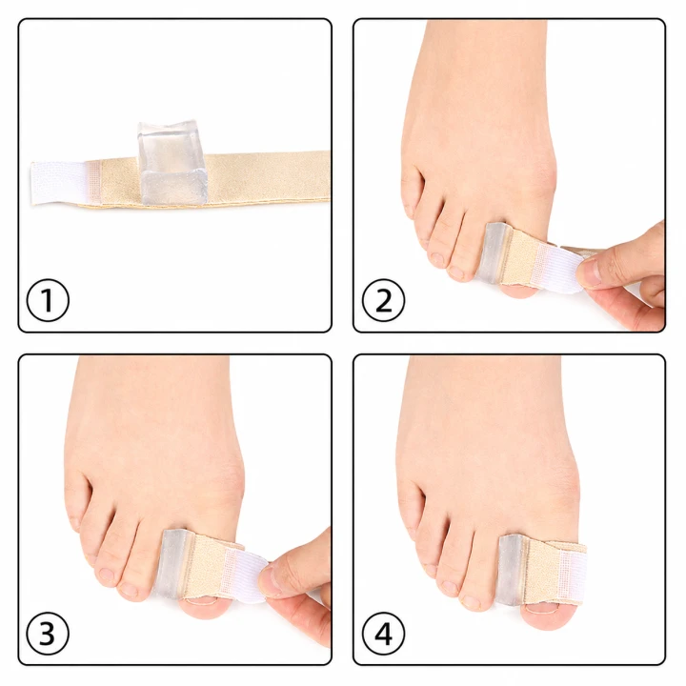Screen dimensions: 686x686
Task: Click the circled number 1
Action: coord(48,300)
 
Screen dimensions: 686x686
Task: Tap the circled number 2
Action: coord(383,300)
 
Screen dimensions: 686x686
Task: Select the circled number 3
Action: coord(48,633)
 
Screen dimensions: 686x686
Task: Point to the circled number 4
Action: coord(383,633)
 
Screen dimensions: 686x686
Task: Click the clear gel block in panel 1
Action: coord(171,162)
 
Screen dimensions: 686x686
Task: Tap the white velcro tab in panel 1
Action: coord(59,182)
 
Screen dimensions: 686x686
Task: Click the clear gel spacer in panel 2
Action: coord(494,252)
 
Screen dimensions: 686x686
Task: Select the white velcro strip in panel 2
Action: coord(560,267)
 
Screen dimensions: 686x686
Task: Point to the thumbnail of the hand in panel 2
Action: coord(591,271)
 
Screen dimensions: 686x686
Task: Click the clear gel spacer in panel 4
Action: coord(511,570)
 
